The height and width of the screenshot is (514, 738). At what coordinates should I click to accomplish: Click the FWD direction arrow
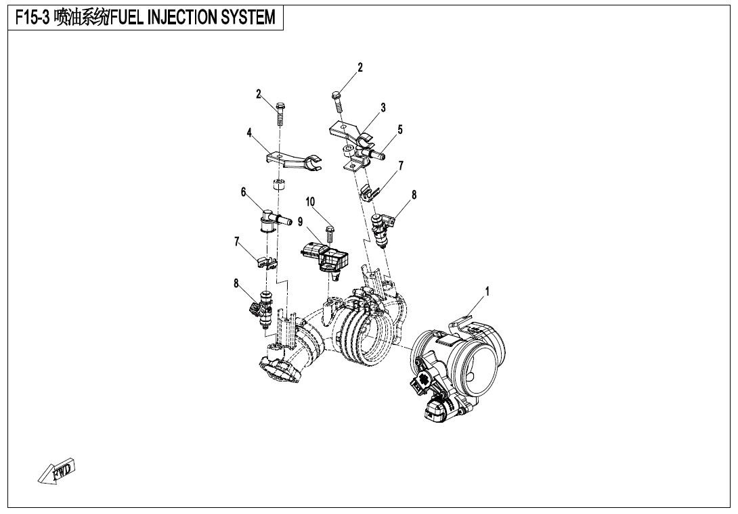pos(56,471)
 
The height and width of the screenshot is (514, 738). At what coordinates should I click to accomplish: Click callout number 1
pos(487,291)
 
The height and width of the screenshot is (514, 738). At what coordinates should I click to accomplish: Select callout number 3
pos(383,108)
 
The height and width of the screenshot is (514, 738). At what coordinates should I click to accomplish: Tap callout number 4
pos(249,133)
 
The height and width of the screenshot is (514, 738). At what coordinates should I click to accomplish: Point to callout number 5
pos(400,129)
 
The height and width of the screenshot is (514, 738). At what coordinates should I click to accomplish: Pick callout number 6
pos(243,192)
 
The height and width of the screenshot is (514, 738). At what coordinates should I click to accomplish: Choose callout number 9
pos(300,222)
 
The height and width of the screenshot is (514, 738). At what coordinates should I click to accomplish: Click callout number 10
pos(310,202)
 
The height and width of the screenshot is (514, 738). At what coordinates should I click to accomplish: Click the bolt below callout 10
pos(329,234)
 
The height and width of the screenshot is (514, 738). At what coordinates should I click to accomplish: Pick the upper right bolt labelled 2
pos(337,101)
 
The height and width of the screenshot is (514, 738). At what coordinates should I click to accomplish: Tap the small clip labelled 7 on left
pos(267,262)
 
